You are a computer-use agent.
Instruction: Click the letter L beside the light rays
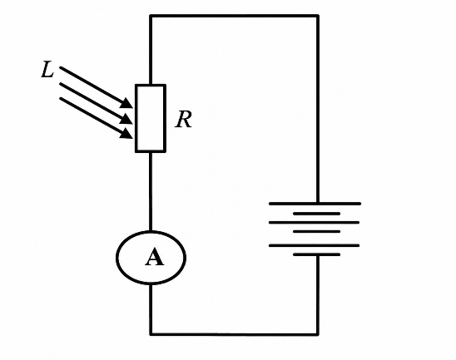tap(47, 70)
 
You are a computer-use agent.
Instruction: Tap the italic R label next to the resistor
tap(184, 120)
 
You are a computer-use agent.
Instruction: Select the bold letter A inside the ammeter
tap(154, 257)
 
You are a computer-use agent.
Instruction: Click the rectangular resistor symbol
tap(151, 118)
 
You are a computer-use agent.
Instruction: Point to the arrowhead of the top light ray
tap(127, 103)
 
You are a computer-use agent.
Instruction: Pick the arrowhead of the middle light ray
tap(126, 119)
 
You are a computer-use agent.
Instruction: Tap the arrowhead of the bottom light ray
tap(126, 133)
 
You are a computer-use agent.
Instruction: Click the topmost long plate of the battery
tap(315, 204)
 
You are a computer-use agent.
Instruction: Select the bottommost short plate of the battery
tap(317, 254)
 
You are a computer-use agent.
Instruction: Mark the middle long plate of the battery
tap(314, 223)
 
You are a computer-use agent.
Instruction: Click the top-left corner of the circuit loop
tap(151, 16)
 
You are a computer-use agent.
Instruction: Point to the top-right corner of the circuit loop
tap(318, 16)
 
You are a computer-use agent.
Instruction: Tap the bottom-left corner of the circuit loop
tap(151, 334)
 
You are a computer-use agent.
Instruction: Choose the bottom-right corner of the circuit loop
tap(318, 335)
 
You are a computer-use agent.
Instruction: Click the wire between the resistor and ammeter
tap(151, 191)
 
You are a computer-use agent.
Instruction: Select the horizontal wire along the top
tap(234, 16)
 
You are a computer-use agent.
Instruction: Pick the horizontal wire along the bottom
tap(234, 335)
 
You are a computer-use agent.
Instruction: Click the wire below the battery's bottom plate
tap(318, 295)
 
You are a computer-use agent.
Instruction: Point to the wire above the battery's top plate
tap(318, 109)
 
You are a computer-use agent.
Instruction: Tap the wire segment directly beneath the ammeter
tap(151, 309)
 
